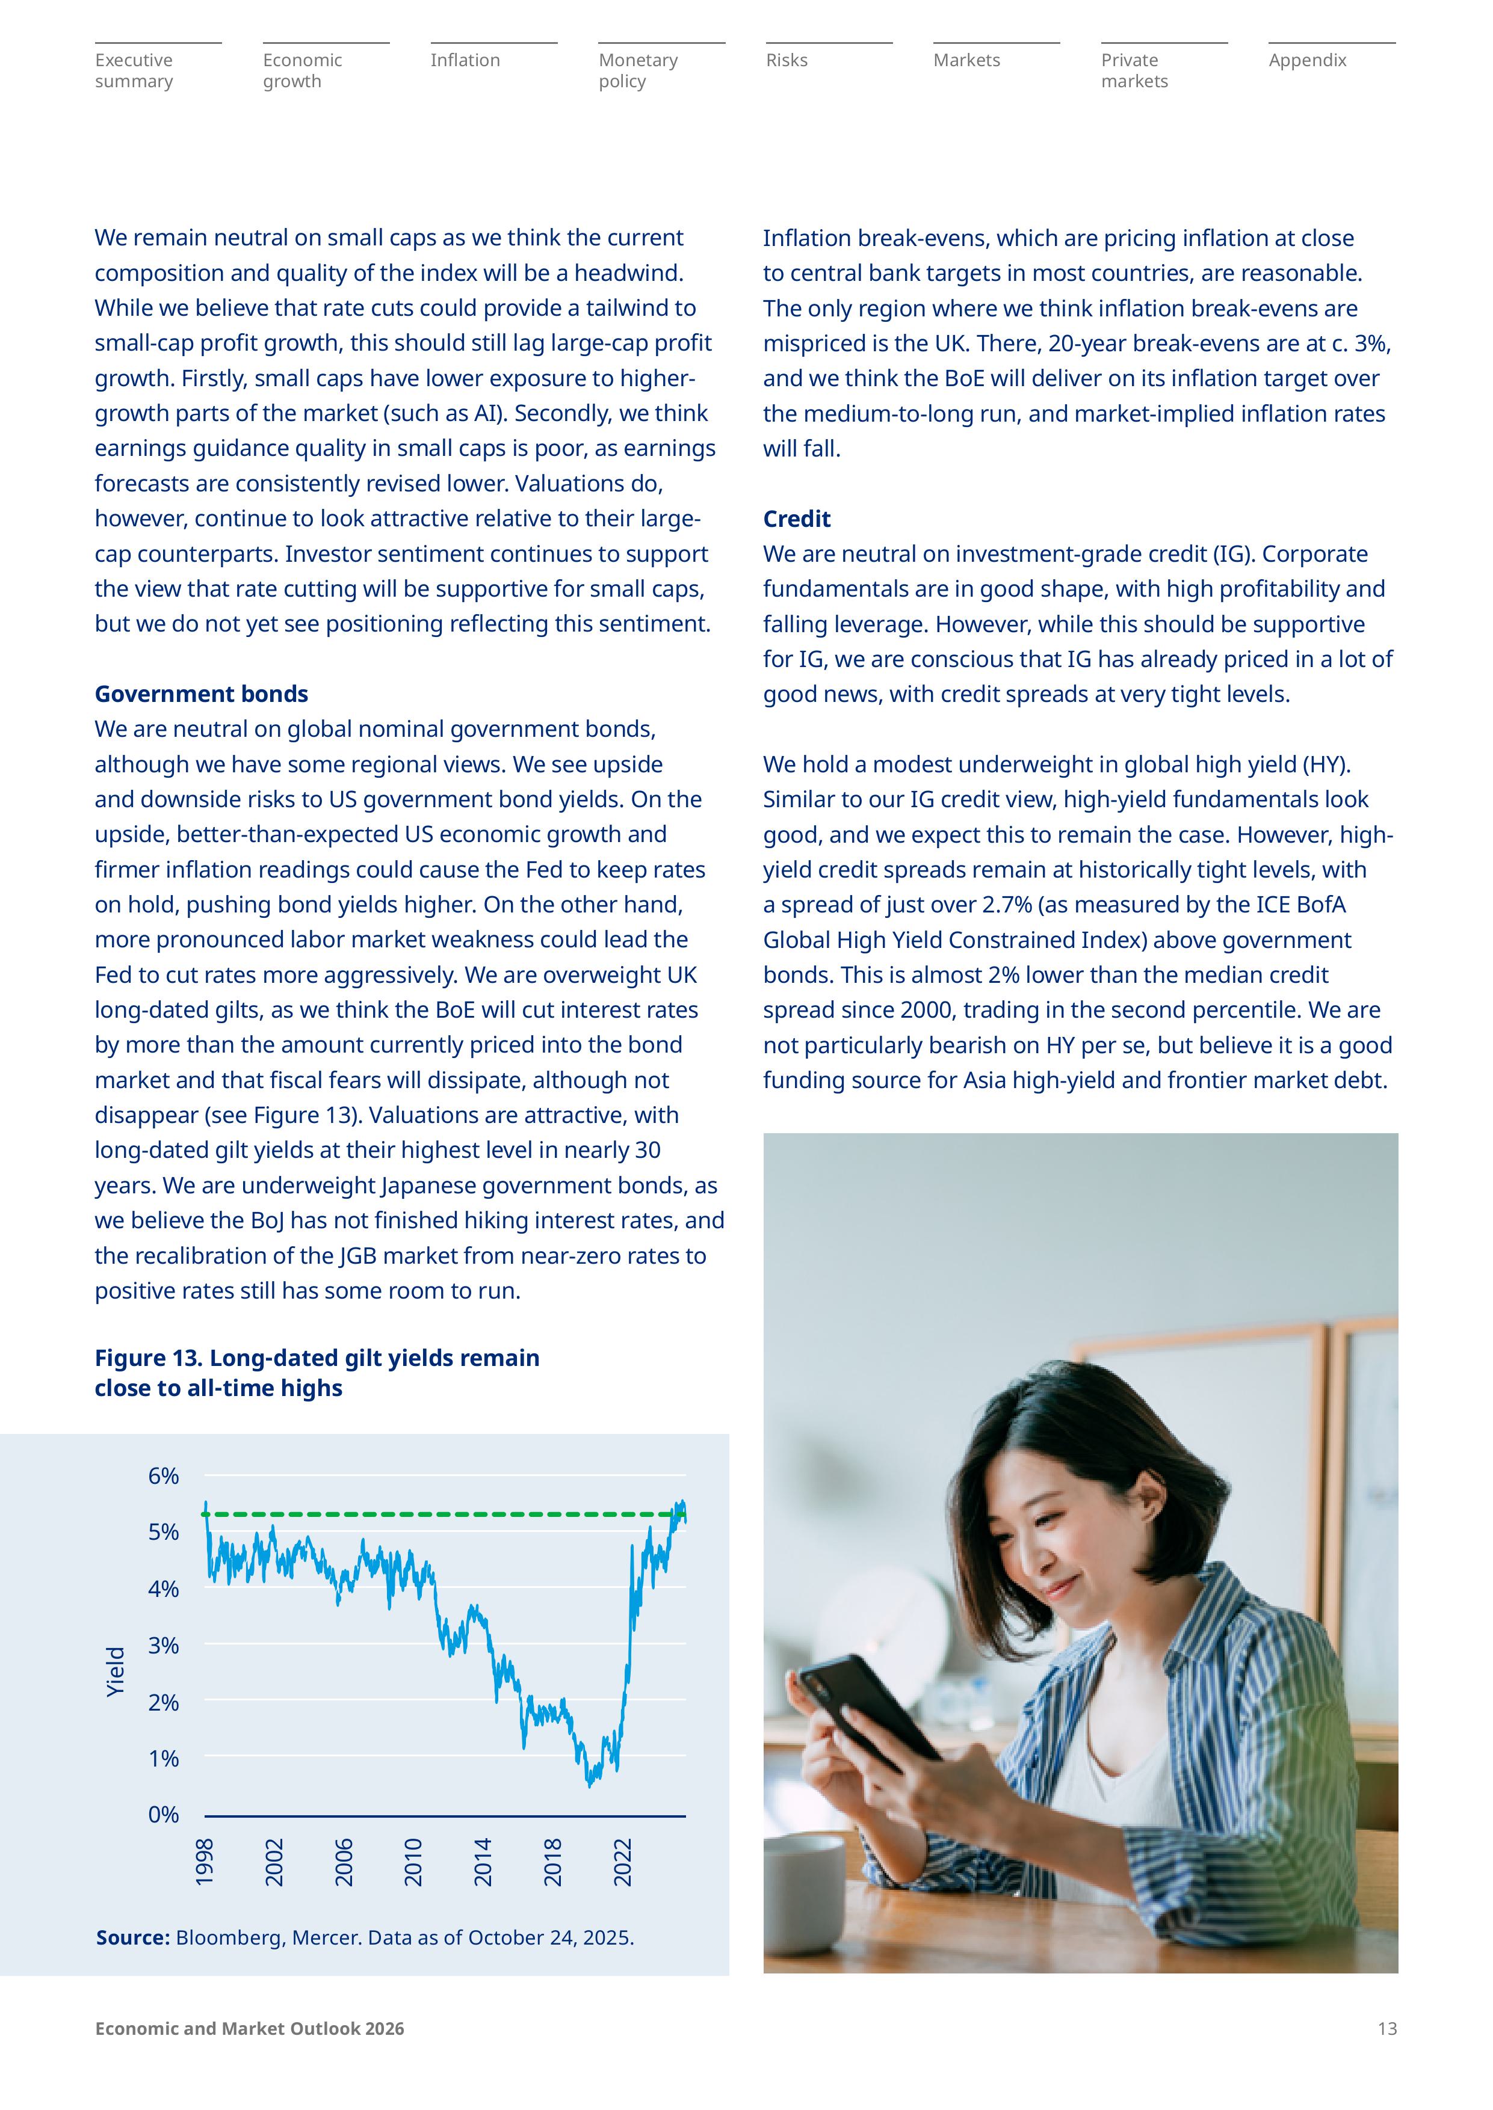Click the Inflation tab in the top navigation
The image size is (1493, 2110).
465,61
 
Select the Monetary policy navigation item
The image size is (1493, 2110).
638,71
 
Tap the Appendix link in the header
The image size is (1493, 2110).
1306,61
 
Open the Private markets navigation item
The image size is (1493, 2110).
1134,71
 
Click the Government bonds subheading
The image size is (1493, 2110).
202,694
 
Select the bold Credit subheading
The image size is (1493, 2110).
796,519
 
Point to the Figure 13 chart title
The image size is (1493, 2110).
317,1373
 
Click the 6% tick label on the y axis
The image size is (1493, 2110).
164,1476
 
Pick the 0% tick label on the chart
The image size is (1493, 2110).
164,1815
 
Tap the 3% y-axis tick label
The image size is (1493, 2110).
164,1645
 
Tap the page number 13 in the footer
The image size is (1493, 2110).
1386,2029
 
